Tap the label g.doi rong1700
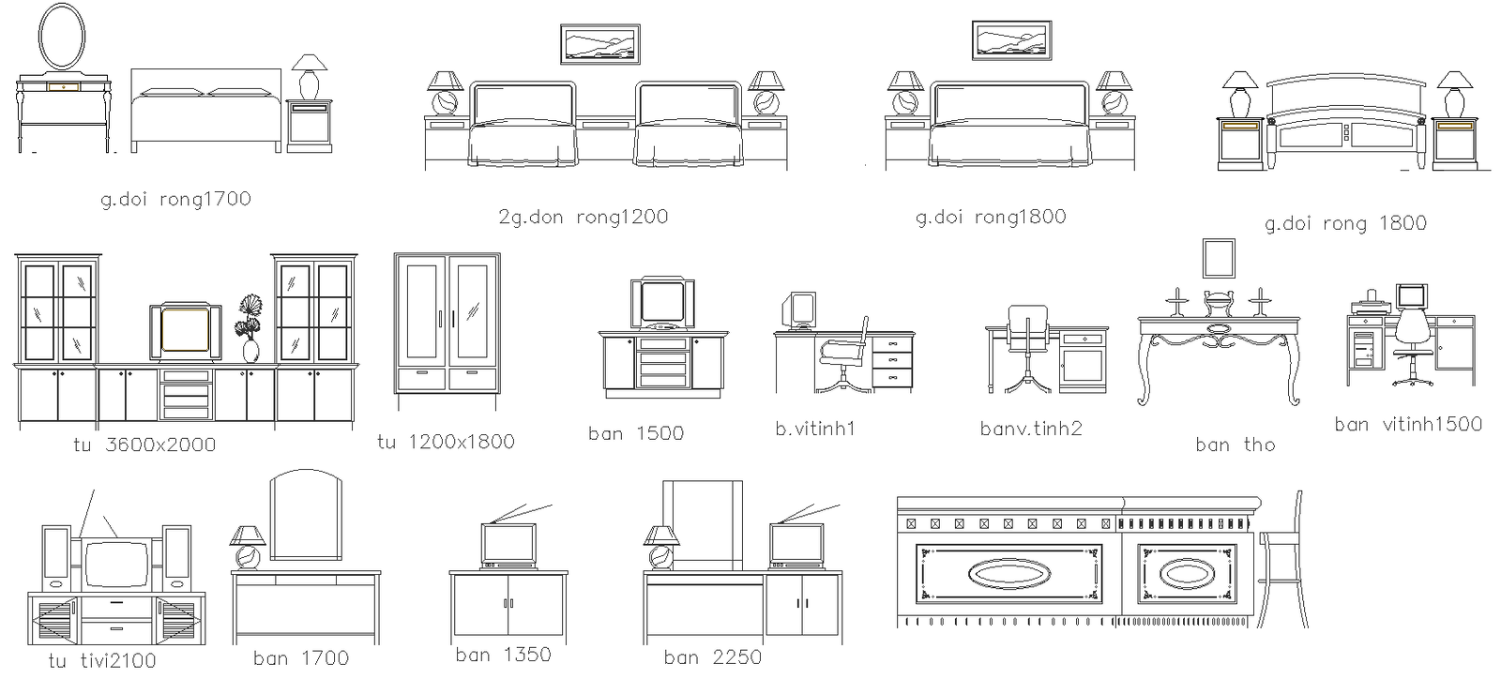[x=176, y=199]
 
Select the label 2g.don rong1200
[x=583, y=217]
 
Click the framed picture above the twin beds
[x=599, y=44]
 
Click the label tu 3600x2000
[x=144, y=445]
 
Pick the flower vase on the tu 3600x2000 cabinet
[x=250, y=329]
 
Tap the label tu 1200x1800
[x=446, y=442]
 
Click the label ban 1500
[x=636, y=433]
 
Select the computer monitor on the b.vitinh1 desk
[x=798, y=309]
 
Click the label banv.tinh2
[x=1031, y=429]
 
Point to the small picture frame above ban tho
[x=1219, y=258]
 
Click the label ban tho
[x=1236, y=445]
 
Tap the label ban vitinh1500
[x=1408, y=424]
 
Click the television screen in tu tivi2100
[x=117, y=565]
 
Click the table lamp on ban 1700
[x=248, y=547]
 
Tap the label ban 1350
[x=503, y=655]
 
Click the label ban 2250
[x=712, y=657]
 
